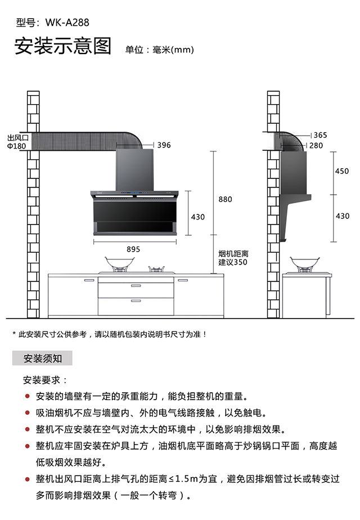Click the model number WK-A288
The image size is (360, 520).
(66, 23)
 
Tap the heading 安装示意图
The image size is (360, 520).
(63, 47)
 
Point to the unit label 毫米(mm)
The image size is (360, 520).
(173, 50)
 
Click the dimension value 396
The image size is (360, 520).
(164, 145)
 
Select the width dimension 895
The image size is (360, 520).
(133, 249)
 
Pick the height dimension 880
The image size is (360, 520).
(225, 199)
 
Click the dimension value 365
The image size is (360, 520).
(320, 135)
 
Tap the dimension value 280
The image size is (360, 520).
(316, 146)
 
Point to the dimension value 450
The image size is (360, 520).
(342, 172)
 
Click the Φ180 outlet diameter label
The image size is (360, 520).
(17, 146)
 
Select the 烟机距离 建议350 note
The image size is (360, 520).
(233, 258)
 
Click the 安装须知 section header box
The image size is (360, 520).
(43, 358)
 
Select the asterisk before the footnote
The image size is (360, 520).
(15, 334)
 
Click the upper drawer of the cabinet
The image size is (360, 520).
(136, 289)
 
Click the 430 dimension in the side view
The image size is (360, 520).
(342, 216)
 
